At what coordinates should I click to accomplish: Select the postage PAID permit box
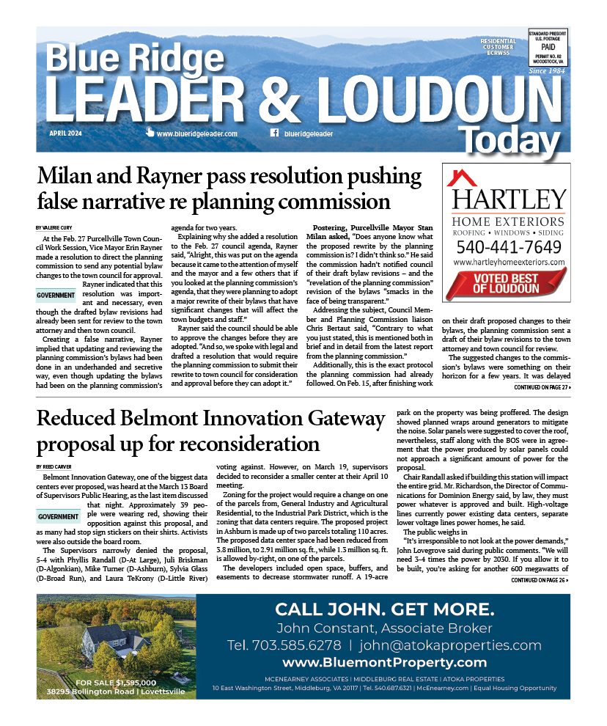548,47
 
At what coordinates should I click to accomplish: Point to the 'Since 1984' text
547,71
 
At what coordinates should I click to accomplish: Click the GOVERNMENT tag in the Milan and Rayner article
56,296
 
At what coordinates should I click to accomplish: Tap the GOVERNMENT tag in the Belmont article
56,517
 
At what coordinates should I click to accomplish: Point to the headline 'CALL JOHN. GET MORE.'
384,610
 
